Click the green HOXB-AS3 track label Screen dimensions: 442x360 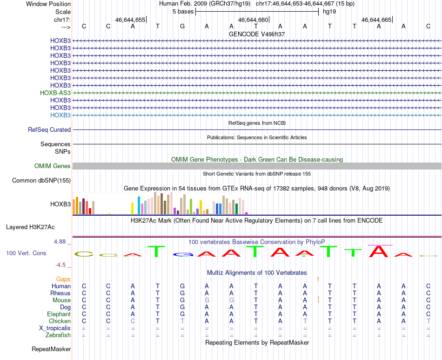point(55,93)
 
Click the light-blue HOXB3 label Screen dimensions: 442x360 point(60,115)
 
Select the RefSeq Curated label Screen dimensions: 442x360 point(49,130)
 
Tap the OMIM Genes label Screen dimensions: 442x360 point(53,166)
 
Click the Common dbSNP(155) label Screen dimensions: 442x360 point(41,181)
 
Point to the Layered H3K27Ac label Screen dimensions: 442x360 point(30,227)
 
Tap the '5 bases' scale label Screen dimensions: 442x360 point(183,12)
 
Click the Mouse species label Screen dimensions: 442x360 point(61,300)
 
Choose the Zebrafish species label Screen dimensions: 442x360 point(58,335)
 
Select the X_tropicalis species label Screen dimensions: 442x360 point(55,328)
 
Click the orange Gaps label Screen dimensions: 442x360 point(63,279)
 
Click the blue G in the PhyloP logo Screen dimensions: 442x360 point(183,255)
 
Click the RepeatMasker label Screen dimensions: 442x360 point(51,349)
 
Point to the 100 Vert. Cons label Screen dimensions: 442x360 point(26,253)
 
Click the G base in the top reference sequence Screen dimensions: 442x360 point(182,27)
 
